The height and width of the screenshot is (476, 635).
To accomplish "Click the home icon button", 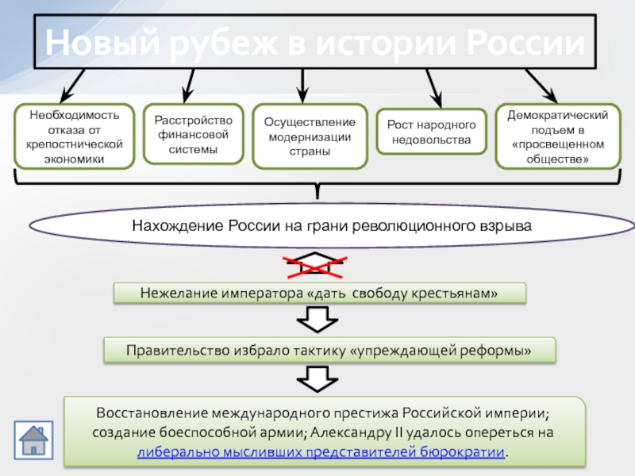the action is (33, 440).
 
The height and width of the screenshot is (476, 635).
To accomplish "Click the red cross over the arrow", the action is (315, 267).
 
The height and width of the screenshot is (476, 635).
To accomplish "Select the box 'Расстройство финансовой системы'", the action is (193, 134).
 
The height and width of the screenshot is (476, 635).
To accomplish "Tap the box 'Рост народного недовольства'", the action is (431, 132).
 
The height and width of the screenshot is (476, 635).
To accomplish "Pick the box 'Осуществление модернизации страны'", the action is (310, 136).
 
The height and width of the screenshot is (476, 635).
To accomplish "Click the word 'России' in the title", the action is (526, 43).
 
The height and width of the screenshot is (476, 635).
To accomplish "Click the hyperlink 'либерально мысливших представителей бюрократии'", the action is (321, 451).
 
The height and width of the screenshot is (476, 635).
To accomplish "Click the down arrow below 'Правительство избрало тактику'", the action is (317, 379).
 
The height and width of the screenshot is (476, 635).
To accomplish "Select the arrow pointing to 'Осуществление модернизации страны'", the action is (302, 86).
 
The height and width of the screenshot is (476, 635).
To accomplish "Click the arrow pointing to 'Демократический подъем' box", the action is (541, 86).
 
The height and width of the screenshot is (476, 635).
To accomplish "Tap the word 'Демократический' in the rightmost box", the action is (558, 115).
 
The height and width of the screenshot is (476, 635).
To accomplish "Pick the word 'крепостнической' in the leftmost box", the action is (74, 144).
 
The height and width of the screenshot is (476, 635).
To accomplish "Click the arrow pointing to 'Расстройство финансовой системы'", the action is (189, 86).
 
